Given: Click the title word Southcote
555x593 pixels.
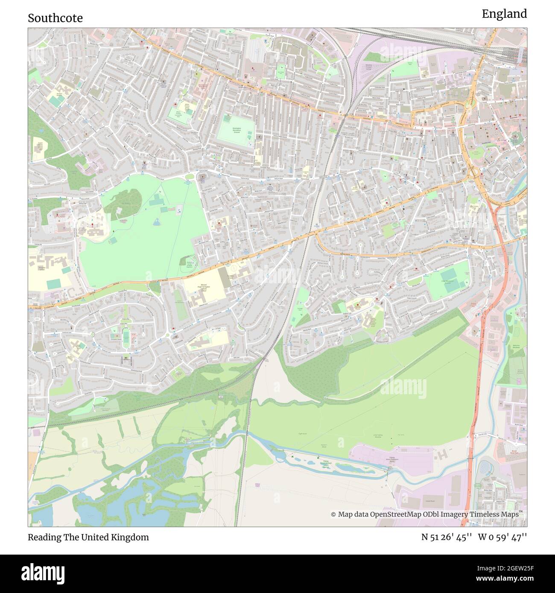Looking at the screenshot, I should tap(55, 18).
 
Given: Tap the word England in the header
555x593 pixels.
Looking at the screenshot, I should tap(504, 14).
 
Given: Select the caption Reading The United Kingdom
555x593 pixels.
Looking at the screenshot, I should tap(88, 537).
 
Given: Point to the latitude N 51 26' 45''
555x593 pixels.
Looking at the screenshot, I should tap(446, 537).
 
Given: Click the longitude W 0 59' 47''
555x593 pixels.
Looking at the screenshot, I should tap(502, 537).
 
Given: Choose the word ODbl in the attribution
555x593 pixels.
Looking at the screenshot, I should tap(433, 515).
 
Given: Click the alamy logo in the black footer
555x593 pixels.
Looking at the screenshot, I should tap(43, 573).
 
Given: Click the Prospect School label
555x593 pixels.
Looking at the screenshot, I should tap(42, 269).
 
